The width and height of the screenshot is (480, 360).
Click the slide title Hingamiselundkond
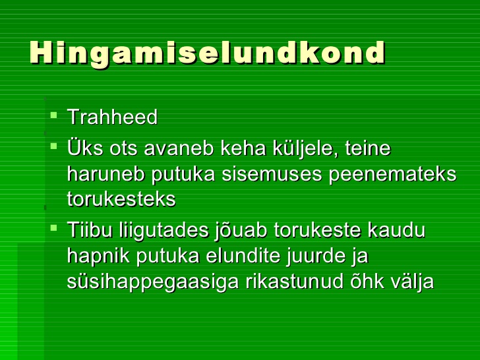[x=207, y=53]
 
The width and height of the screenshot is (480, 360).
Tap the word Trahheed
[x=112, y=117]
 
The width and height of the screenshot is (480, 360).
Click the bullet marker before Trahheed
[x=53, y=115]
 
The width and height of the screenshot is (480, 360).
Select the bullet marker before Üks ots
[x=53, y=146]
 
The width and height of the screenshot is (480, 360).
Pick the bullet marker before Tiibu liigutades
[x=53, y=227]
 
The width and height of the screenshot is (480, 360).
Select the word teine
[x=368, y=148]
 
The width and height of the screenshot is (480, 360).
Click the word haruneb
[x=106, y=174]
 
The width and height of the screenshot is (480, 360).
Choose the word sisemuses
[x=272, y=175]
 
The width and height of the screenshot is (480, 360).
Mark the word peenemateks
[x=392, y=175]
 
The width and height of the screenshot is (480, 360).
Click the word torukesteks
[x=121, y=199]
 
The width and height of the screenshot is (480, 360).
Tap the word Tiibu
[x=90, y=229]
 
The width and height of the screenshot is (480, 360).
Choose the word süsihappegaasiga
[x=152, y=282]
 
